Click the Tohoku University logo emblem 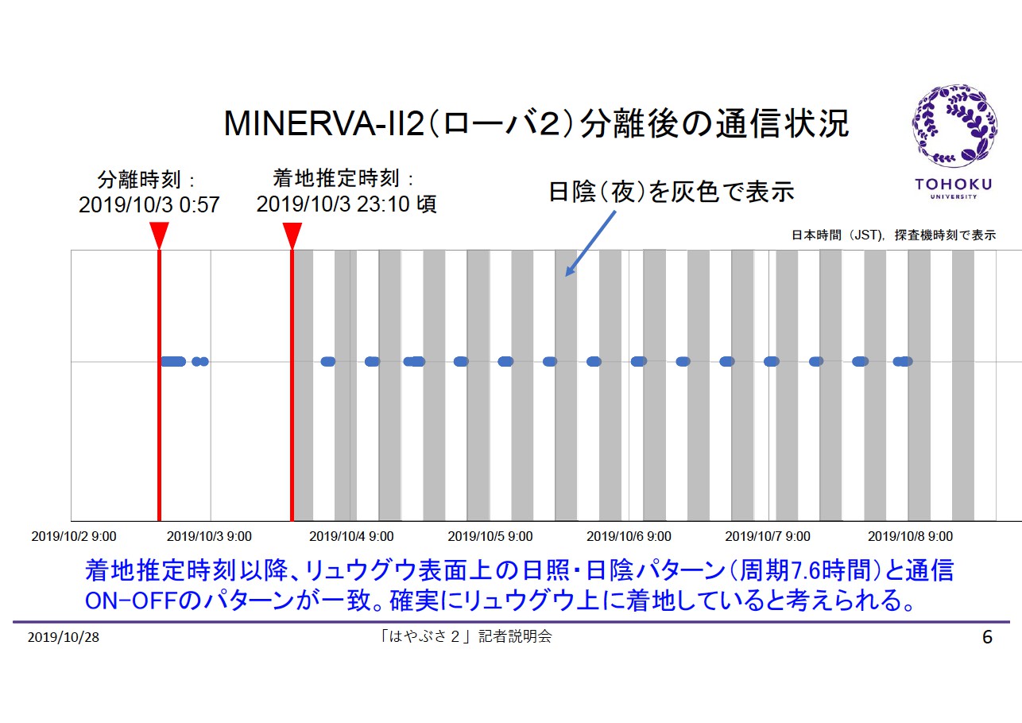(x=951, y=126)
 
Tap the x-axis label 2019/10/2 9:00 (x=73, y=537)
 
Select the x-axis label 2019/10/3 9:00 (x=210, y=537)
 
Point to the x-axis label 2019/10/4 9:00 (x=351, y=537)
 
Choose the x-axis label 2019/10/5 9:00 (x=490, y=537)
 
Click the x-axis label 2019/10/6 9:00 (x=629, y=537)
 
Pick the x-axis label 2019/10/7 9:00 (x=768, y=537)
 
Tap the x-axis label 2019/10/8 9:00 (x=910, y=537)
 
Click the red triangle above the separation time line (x=159, y=235)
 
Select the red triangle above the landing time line (x=292, y=235)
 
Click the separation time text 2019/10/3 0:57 (x=149, y=205)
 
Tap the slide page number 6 (x=987, y=638)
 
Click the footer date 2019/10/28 (x=64, y=638)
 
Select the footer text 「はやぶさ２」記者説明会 (x=466, y=636)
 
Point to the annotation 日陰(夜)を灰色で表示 (x=672, y=192)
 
